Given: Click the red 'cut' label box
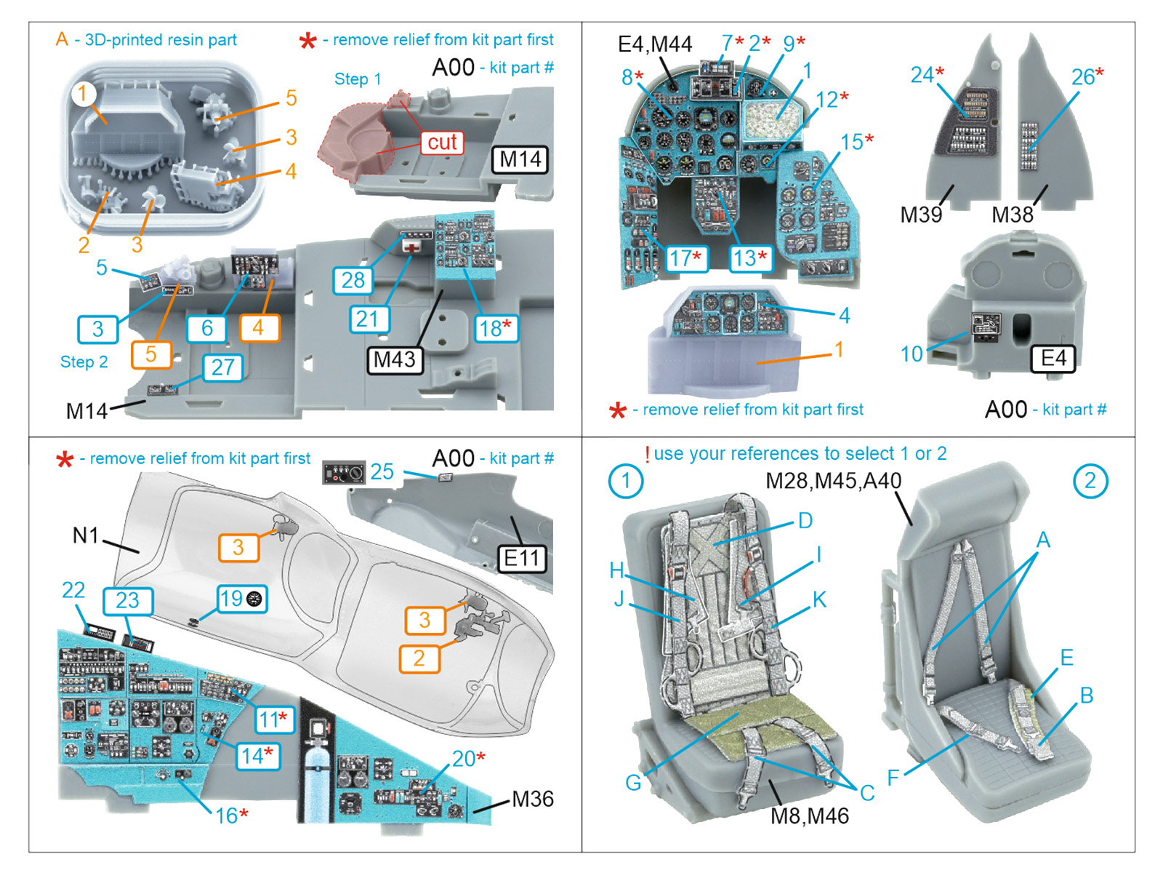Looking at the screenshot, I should [x=442, y=142].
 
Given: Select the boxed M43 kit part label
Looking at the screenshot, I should [x=395, y=359].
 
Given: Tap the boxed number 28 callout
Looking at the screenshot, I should [x=353, y=280].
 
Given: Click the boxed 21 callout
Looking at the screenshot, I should [x=369, y=319].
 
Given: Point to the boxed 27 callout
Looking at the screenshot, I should [x=222, y=367].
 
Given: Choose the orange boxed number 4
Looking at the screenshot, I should [x=259, y=328].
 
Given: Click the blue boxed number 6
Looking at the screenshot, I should [x=206, y=328].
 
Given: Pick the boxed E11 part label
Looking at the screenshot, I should [x=522, y=558].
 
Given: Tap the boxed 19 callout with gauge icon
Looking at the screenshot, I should [x=243, y=599].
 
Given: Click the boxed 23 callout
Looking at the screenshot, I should [x=127, y=601].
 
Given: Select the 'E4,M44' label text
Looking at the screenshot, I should [x=654, y=44].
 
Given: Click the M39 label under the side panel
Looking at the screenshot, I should [x=921, y=215].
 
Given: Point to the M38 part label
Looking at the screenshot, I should [x=1013, y=215].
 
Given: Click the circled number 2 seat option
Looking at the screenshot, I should [x=1090, y=481].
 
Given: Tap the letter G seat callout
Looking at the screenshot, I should [x=633, y=783].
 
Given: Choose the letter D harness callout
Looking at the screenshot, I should [x=805, y=521].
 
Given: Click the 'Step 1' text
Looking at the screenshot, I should [x=358, y=79].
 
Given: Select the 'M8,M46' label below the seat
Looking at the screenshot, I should [x=810, y=816].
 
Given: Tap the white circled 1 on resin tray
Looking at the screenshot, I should [x=84, y=93].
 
